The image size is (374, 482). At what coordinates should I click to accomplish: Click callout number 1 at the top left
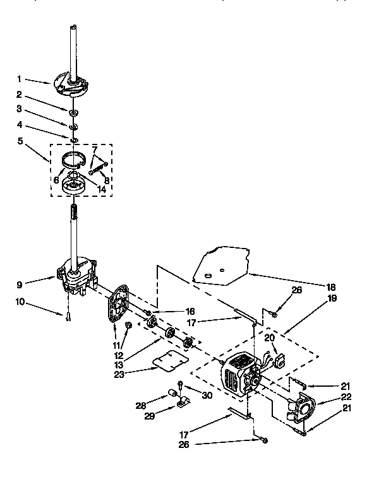point(20,79)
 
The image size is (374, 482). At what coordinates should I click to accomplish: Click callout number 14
point(102,189)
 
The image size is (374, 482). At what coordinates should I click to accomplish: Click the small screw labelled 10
point(66,317)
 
